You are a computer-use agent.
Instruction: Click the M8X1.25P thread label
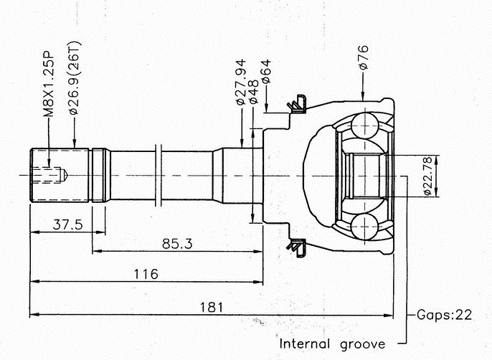click(x=49, y=83)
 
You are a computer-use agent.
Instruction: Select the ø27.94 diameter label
click(x=241, y=82)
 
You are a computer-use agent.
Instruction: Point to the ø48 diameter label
click(x=253, y=92)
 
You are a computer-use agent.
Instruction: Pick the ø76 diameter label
click(x=364, y=57)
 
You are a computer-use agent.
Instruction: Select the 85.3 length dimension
click(x=176, y=244)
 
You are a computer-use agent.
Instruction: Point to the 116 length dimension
click(x=145, y=274)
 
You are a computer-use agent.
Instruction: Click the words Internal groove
click(x=332, y=342)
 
